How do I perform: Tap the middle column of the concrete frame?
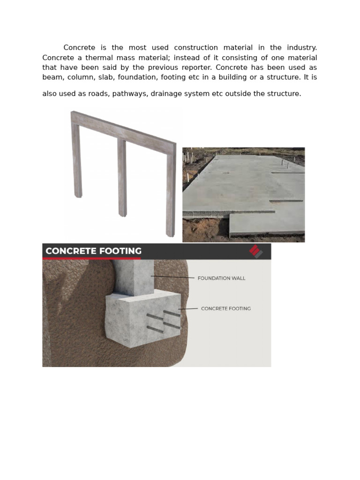(122, 178)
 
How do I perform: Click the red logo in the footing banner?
(255, 251)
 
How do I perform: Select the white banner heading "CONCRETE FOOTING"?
(93, 251)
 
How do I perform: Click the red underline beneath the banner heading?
(91, 258)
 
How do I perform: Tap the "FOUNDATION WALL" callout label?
(221, 278)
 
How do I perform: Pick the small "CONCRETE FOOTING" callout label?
(226, 308)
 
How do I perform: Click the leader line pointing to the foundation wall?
(172, 277)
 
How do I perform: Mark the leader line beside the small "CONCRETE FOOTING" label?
(188, 309)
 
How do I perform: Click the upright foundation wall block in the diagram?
(134, 277)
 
